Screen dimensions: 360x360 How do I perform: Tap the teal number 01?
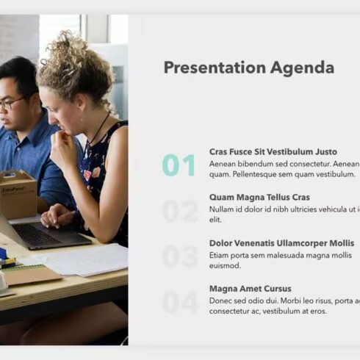179,166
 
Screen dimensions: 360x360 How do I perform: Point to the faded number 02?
179,212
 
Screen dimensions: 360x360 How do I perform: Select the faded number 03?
179,257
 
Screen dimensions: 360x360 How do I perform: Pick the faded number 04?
179,302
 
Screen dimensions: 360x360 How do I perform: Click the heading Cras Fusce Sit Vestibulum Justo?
273,152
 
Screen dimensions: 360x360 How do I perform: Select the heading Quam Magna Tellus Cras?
259,198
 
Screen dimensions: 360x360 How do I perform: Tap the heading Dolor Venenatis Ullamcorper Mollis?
281,243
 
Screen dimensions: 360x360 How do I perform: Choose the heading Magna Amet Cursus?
250,289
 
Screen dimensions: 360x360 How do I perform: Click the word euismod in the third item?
226,266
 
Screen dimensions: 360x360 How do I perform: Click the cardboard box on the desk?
18,194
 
